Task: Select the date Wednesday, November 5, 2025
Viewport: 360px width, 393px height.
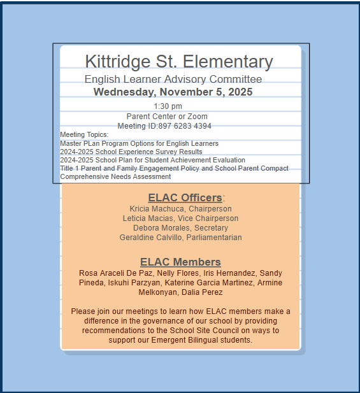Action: [x=173, y=92]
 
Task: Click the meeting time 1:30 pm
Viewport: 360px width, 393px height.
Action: [x=168, y=106]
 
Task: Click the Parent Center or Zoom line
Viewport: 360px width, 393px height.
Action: [x=167, y=117]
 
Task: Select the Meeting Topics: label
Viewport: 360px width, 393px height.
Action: [x=84, y=134]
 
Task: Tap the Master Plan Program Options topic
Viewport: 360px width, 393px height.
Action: [x=139, y=143]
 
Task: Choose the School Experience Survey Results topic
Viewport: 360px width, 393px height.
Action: [x=131, y=152]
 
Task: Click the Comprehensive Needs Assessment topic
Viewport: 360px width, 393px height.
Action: [x=115, y=176]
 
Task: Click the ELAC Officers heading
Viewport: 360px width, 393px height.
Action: [x=185, y=197]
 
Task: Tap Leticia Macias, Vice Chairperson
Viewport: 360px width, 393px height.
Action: [x=180, y=218]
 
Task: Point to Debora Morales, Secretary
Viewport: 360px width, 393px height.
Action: [x=180, y=228]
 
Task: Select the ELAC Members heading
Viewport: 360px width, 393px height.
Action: [x=180, y=262]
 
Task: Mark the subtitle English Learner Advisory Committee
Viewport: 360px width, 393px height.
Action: [x=173, y=79]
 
